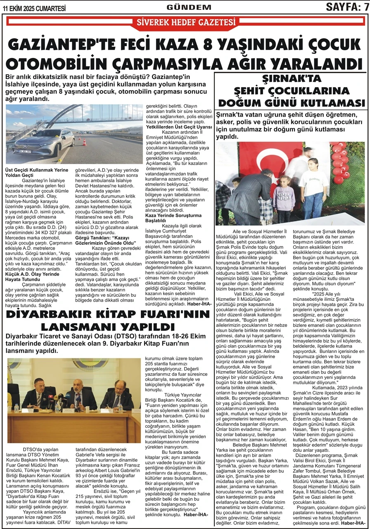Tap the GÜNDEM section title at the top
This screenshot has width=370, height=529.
[x=189, y=7]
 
